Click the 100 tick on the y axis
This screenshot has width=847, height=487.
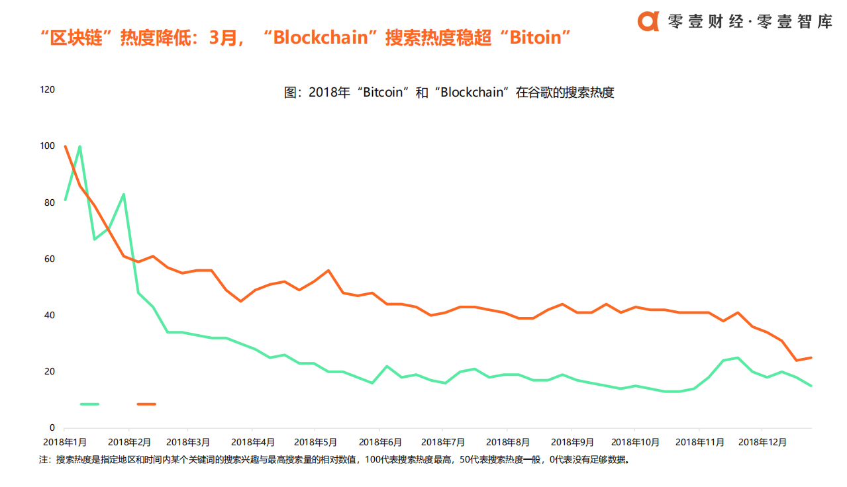48,146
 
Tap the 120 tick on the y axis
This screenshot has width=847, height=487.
48,89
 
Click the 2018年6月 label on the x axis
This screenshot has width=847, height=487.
380,442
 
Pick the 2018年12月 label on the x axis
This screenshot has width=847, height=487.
761,442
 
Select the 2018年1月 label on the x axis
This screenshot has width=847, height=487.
65,442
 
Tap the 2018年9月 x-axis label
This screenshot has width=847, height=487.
572,442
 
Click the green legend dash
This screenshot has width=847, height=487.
89,404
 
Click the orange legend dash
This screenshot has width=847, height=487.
146,404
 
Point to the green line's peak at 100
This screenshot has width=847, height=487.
79,146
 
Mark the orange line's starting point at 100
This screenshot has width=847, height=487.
65,146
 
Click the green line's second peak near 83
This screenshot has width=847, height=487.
123,195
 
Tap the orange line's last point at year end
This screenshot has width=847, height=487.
811,357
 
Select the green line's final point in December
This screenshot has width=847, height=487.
811,386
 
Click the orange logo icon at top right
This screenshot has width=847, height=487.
648,21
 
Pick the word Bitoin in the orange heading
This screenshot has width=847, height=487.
536,38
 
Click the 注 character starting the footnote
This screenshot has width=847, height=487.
44,459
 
